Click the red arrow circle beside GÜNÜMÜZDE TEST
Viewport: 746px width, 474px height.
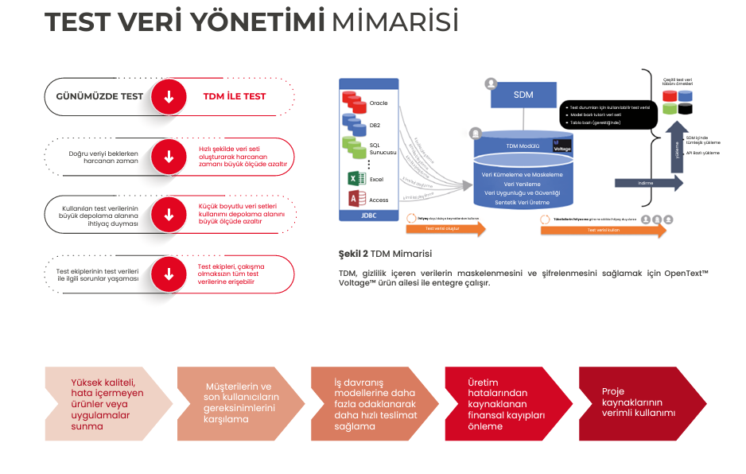tap(169, 97)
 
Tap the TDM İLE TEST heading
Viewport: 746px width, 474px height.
tap(235, 96)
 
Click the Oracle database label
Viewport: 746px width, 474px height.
tap(379, 103)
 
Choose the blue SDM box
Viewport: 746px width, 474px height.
tap(523, 95)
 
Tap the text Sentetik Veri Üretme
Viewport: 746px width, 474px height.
tap(523, 203)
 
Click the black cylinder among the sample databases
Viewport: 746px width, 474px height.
tap(685, 108)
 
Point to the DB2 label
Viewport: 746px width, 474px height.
tap(375, 125)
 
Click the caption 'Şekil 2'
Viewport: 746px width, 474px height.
tap(353, 254)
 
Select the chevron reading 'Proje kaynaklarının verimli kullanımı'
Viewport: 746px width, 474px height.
tap(641, 402)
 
